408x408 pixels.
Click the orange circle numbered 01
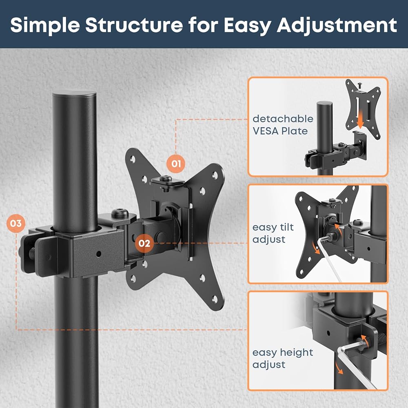[176, 164]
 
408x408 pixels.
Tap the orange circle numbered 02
[144, 243]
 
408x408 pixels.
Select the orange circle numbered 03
[16, 224]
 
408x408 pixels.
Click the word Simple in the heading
[45, 25]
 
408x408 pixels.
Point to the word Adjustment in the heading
[337, 25]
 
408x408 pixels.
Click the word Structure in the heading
[134, 25]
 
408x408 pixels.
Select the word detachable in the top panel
[283, 119]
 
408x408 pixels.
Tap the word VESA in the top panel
[265, 131]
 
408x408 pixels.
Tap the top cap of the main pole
[74, 94]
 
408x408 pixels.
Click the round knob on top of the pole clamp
[120, 213]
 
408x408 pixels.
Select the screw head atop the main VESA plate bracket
[166, 179]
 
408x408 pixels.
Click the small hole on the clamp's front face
[98, 254]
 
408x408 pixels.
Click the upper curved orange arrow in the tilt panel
[338, 227]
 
